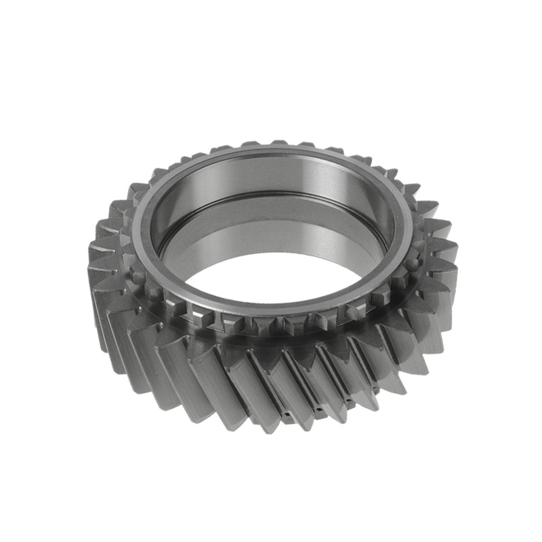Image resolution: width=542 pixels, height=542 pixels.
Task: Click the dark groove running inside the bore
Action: (x=271, y=198)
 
